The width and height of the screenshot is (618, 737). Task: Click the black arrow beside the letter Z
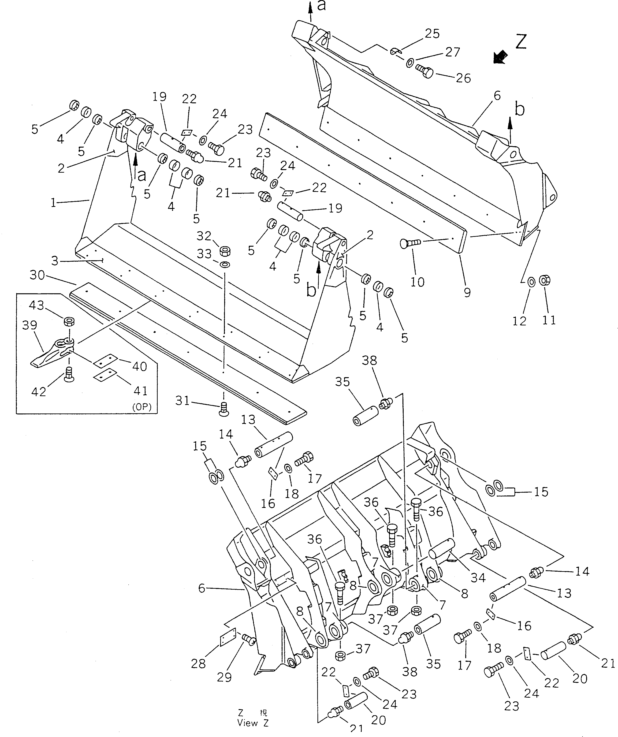(x=500, y=57)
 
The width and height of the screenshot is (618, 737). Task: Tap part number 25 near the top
(x=432, y=34)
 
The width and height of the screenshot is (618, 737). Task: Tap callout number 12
(x=519, y=320)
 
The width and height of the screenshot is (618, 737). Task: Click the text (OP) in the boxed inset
(x=141, y=407)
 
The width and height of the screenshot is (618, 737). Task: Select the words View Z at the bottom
(x=253, y=723)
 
